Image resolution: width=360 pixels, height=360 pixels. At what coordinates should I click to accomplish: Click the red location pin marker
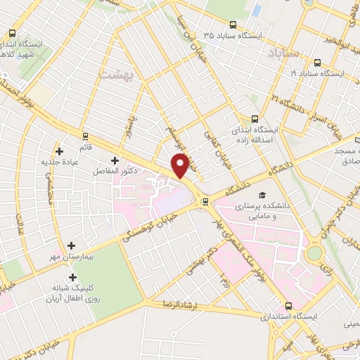coord(181,166)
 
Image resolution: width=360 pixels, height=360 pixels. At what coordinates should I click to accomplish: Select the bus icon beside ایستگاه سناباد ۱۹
coord(318,73)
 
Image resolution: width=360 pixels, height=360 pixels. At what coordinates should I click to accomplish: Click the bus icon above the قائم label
coord(85,136)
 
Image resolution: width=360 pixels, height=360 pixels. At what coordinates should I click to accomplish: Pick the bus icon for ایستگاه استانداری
coord(290,306)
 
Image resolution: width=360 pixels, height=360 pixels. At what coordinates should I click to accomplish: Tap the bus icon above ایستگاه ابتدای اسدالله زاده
coord(255,120)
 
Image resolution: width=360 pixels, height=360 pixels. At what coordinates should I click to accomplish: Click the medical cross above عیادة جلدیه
coord(60,151)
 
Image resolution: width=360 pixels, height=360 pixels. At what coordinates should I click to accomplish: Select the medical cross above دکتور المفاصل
coord(115,161)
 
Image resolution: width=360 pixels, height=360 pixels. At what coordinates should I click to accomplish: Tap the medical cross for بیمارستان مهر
coord(72,246)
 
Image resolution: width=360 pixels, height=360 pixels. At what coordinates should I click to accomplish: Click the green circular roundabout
coord(314,252)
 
